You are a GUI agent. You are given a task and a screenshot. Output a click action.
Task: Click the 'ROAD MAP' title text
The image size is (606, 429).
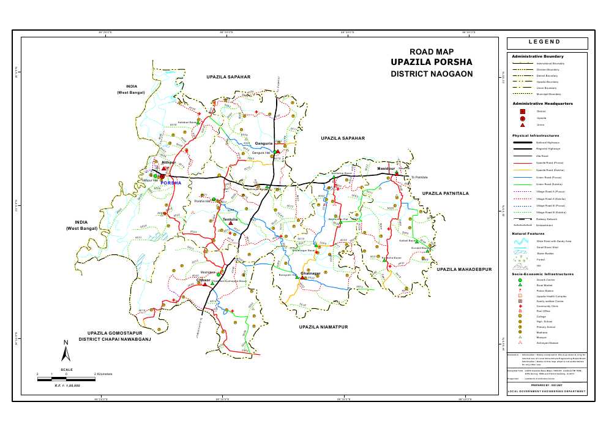[432, 51]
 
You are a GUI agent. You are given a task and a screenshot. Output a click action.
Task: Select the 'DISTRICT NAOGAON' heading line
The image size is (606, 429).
[432, 74]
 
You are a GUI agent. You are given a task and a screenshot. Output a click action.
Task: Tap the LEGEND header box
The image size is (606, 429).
[547, 43]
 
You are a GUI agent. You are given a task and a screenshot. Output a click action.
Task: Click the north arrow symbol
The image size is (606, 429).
[66, 351]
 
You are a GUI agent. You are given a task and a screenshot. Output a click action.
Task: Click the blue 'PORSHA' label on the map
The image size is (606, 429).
[171, 183]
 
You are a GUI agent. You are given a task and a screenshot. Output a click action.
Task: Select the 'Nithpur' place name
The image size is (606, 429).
[168, 162]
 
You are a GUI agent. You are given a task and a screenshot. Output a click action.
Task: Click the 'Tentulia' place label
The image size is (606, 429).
[230, 219]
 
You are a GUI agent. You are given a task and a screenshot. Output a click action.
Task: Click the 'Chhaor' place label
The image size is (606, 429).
[204, 280]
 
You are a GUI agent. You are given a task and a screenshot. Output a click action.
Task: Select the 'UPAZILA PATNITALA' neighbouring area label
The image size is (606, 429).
[445, 194]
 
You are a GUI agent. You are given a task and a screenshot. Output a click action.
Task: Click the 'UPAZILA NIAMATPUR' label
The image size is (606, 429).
[323, 327]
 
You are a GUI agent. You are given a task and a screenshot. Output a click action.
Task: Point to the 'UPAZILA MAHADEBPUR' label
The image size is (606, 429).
[464, 269]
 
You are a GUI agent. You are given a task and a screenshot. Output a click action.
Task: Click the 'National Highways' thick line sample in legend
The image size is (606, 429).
[522, 142]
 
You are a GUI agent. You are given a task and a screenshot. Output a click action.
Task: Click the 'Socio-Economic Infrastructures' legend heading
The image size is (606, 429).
[542, 274]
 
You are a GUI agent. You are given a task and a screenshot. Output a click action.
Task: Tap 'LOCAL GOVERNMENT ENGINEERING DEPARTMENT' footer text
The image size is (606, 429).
[547, 391]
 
